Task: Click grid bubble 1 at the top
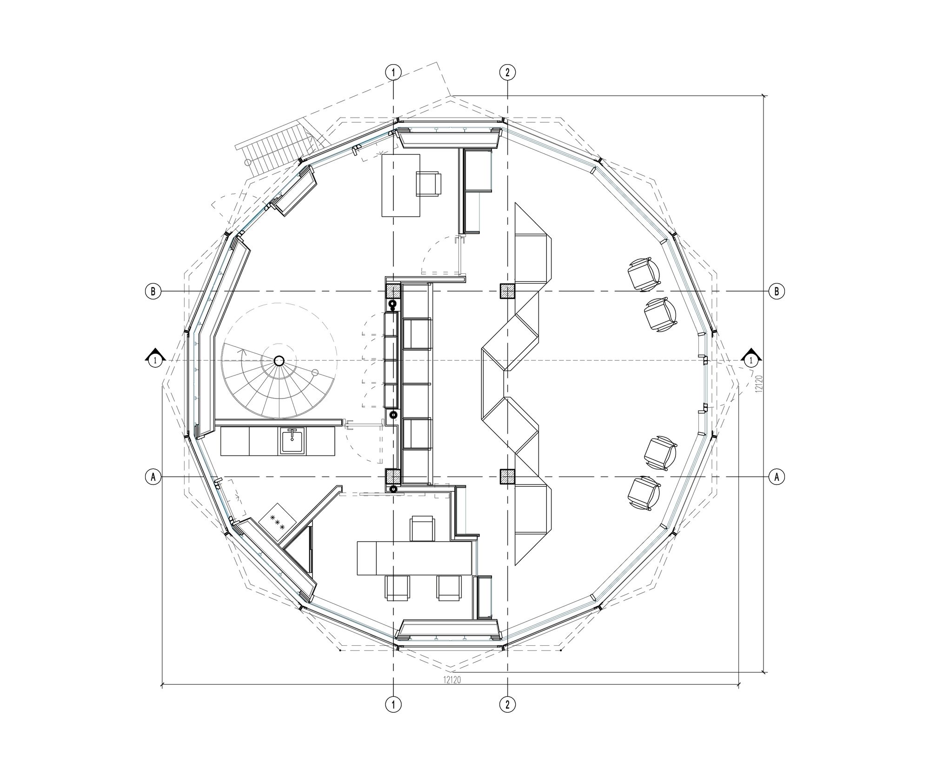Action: click(393, 72)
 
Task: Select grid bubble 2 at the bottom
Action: click(507, 704)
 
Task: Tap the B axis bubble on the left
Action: click(153, 291)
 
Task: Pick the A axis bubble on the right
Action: click(776, 477)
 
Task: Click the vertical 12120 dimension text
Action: click(758, 384)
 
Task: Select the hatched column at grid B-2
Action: click(507, 291)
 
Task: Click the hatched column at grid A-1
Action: click(393, 477)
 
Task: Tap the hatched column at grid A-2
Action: click(507, 477)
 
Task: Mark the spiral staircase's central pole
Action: click(279, 361)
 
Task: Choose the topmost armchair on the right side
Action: click(644, 275)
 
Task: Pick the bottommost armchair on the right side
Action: click(644, 494)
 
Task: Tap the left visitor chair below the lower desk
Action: click(398, 588)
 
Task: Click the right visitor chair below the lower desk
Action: click(449, 588)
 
